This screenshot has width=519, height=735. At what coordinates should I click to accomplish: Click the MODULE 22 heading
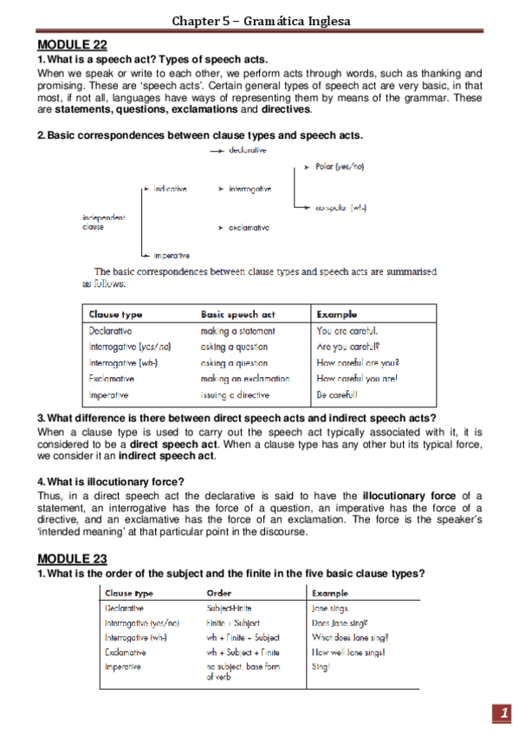click(x=72, y=45)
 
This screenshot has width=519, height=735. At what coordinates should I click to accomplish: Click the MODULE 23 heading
click(x=72, y=558)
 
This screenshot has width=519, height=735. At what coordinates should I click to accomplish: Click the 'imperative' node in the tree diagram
click(x=172, y=256)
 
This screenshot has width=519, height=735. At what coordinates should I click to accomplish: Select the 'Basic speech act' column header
click(x=237, y=315)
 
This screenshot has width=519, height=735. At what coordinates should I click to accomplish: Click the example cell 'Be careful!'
click(x=339, y=394)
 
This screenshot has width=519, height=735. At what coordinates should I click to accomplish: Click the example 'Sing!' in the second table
click(x=320, y=667)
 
